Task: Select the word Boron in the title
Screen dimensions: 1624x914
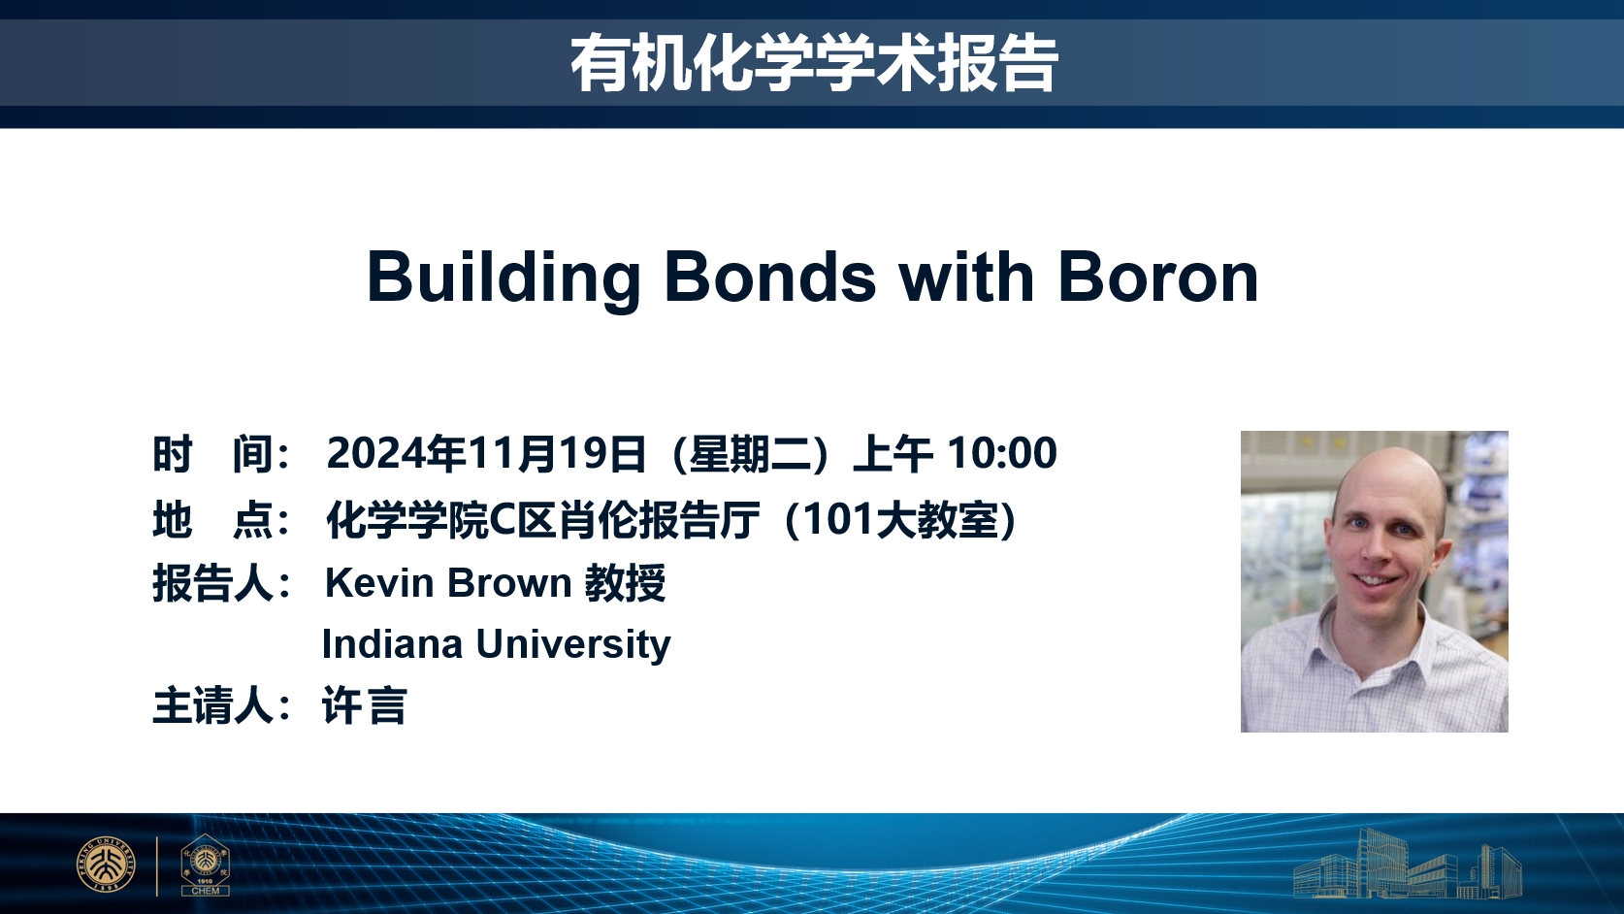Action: tap(1157, 277)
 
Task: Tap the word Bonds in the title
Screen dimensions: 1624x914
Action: tap(770, 277)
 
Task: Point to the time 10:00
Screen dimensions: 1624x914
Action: tap(1002, 453)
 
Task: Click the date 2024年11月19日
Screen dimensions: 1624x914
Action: tap(486, 454)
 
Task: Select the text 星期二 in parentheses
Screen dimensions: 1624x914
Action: tap(750, 454)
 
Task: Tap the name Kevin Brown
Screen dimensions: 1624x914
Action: tap(448, 583)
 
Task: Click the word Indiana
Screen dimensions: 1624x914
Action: tap(392, 643)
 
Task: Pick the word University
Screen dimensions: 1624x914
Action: tap(573, 645)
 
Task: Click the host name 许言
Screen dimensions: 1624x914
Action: tap(365, 705)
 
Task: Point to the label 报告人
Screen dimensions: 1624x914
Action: tap(212, 583)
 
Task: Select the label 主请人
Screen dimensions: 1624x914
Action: tap(212, 706)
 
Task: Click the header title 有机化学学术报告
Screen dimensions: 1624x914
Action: tap(814, 63)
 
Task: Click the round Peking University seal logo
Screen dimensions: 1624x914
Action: tap(106, 865)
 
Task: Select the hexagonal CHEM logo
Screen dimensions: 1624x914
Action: tap(205, 865)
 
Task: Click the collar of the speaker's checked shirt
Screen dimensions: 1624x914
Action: tap(1370, 637)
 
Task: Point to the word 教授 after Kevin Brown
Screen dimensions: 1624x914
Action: tap(625, 583)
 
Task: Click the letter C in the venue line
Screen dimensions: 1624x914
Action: tap(502, 519)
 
